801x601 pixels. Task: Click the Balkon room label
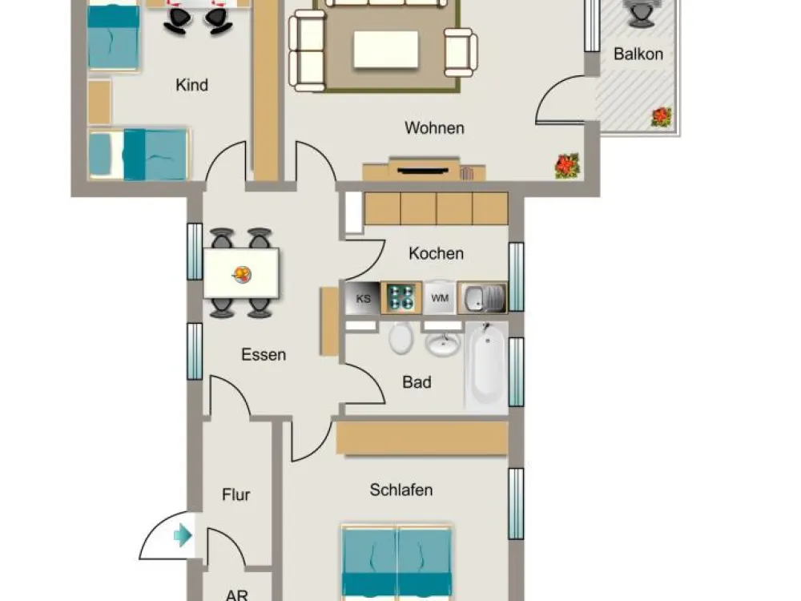[638, 54]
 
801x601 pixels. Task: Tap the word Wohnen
[434, 127]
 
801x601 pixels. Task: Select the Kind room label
[191, 84]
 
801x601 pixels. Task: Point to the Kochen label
[436, 253]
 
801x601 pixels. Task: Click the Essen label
[263, 354]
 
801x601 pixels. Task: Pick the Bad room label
[417, 381]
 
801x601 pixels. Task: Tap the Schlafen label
[401, 490]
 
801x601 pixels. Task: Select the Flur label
[236, 494]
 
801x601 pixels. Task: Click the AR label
[236, 595]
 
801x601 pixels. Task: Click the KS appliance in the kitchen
[363, 298]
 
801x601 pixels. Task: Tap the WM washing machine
[440, 297]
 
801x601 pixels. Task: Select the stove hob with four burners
[401, 297]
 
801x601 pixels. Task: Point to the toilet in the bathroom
[400, 338]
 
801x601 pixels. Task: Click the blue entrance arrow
[183, 535]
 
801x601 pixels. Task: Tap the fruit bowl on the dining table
[242, 274]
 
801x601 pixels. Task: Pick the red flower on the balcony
[661, 117]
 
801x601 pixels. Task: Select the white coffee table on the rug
[386, 49]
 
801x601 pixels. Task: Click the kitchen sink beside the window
[482, 297]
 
